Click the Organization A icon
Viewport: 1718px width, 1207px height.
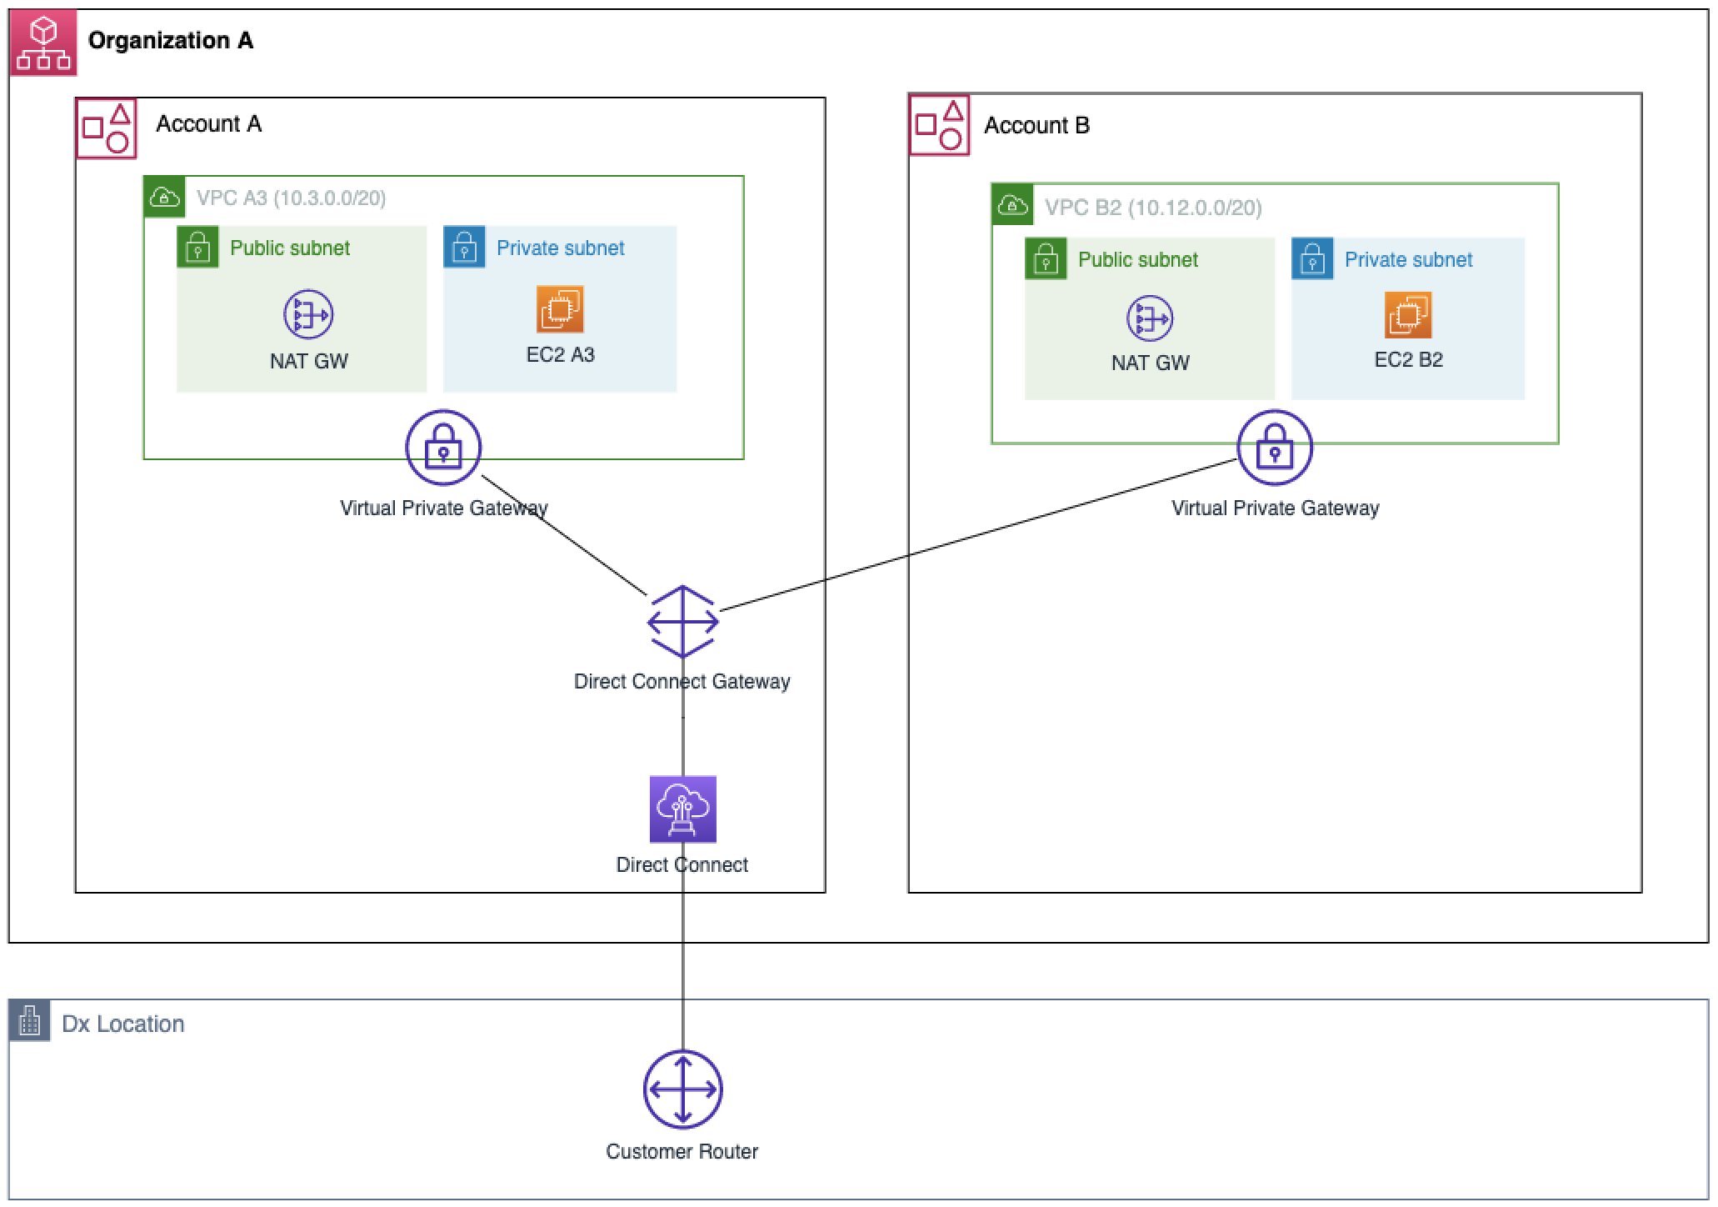point(43,43)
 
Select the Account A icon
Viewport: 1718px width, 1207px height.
point(107,128)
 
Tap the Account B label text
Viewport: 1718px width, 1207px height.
point(1036,126)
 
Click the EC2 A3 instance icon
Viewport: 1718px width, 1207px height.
point(560,309)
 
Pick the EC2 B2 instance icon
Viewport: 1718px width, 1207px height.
point(1408,315)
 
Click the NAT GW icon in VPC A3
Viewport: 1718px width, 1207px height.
point(308,314)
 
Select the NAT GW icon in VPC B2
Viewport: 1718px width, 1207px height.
point(1150,318)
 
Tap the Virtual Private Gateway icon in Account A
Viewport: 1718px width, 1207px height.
point(443,448)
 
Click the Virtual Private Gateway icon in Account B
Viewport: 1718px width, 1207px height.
point(1275,448)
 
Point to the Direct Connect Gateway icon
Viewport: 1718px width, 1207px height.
point(683,621)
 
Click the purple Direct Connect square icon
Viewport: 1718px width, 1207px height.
point(683,809)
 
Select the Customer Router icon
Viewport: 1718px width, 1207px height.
point(682,1089)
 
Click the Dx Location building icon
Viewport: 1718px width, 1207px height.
point(30,1021)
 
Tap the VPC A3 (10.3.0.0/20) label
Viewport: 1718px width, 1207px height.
point(291,198)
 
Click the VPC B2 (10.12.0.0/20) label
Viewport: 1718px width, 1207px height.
point(1153,208)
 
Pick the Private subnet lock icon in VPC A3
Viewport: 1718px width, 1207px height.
point(464,247)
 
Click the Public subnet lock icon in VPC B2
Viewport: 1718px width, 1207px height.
point(1046,258)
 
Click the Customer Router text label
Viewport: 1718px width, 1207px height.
point(682,1152)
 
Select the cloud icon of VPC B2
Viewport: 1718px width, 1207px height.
point(1012,205)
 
